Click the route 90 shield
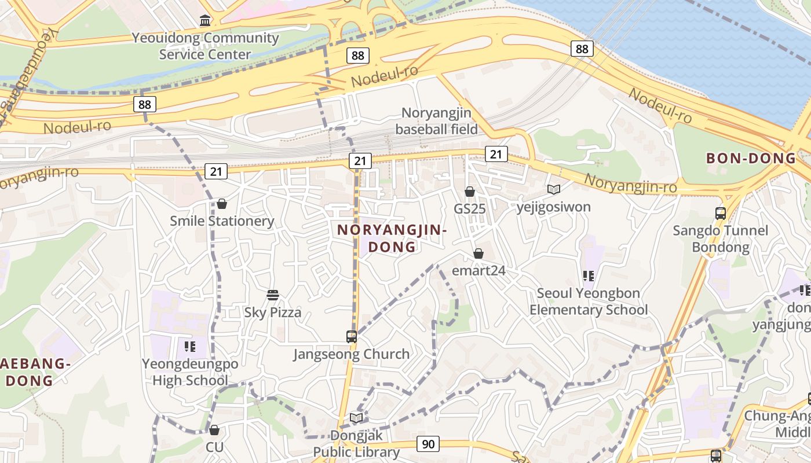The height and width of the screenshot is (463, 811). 428,444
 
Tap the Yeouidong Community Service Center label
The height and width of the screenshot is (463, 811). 205,46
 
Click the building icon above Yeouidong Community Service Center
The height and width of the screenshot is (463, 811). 205,21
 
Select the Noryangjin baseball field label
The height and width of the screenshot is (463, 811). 436,121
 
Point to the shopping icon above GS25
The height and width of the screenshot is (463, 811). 470,192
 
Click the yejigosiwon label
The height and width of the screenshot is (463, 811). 553,207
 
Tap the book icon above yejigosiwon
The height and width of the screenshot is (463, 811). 554,189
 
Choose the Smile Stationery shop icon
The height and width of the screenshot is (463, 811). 222,204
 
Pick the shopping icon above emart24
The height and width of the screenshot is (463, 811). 478,253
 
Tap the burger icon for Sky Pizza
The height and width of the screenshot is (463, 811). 273,295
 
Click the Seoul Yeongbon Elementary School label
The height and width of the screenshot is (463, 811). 589,301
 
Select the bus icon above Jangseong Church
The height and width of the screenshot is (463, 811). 351,336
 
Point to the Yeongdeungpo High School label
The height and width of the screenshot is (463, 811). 190,372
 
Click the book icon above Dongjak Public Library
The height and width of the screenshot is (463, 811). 356,418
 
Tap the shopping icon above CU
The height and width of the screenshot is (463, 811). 214,430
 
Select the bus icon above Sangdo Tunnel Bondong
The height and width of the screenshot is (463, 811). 721,213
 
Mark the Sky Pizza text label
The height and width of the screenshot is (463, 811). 273,313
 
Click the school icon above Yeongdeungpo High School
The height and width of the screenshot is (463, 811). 189,347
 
